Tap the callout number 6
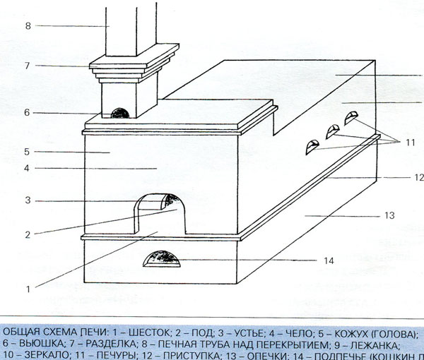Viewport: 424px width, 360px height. (x=28, y=112)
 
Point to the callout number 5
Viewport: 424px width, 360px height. (x=26, y=151)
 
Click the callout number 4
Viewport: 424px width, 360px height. (x=26, y=168)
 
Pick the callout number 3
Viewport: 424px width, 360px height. (x=26, y=201)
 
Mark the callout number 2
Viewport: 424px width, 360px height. (x=26, y=233)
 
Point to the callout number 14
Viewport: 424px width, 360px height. (x=328, y=261)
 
